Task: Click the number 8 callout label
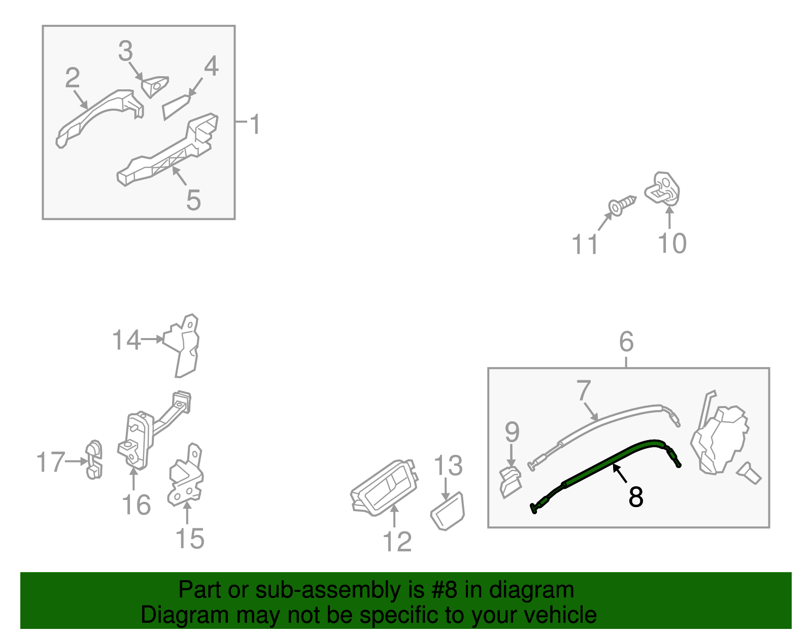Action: [x=635, y=496]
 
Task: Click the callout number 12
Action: [x=397, y=541]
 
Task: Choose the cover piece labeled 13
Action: [x=448, y=511]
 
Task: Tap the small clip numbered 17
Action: [x=94, y=460]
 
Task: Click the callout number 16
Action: [x=137, y=505]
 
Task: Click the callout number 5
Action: [x=193, y=200]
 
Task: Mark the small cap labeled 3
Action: [x=154, y=87]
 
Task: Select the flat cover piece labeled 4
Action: [x=176, y=107]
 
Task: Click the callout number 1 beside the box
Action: [x=254, y=124]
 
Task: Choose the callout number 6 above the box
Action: [x=626, y=341]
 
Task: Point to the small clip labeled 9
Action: [x=511, y=482]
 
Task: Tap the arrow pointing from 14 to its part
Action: [x=151, y=339]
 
